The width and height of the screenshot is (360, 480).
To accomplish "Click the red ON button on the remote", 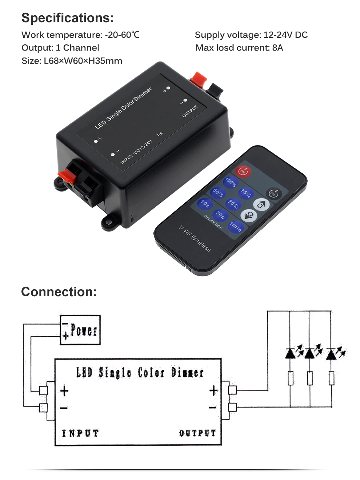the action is coord(243,171).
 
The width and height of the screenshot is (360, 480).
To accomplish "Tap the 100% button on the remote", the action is coord(230,182).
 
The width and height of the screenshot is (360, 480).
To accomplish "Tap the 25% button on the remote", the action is coord(233,204).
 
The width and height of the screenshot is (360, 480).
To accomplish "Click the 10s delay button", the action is coord(205,204).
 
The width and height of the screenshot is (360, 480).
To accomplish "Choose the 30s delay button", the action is coord(220,215).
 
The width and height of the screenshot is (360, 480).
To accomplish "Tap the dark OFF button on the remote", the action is coord(273,193).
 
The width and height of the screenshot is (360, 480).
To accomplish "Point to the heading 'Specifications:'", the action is coord(68,18).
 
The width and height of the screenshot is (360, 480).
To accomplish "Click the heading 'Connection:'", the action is coord(59,292).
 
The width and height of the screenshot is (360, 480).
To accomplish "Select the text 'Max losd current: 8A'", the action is coord(239,48).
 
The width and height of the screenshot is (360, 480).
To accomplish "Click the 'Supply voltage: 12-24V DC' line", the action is coord(251,35).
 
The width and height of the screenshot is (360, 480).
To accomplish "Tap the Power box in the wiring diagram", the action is coord(80,330).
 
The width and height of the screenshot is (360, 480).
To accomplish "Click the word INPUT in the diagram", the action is coord(80,433).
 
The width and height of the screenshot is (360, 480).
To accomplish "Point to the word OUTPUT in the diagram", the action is coord(197,433).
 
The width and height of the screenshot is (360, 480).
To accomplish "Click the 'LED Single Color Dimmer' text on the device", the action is coord(123,108).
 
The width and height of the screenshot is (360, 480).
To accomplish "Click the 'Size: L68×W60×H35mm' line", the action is coord(72,61).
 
